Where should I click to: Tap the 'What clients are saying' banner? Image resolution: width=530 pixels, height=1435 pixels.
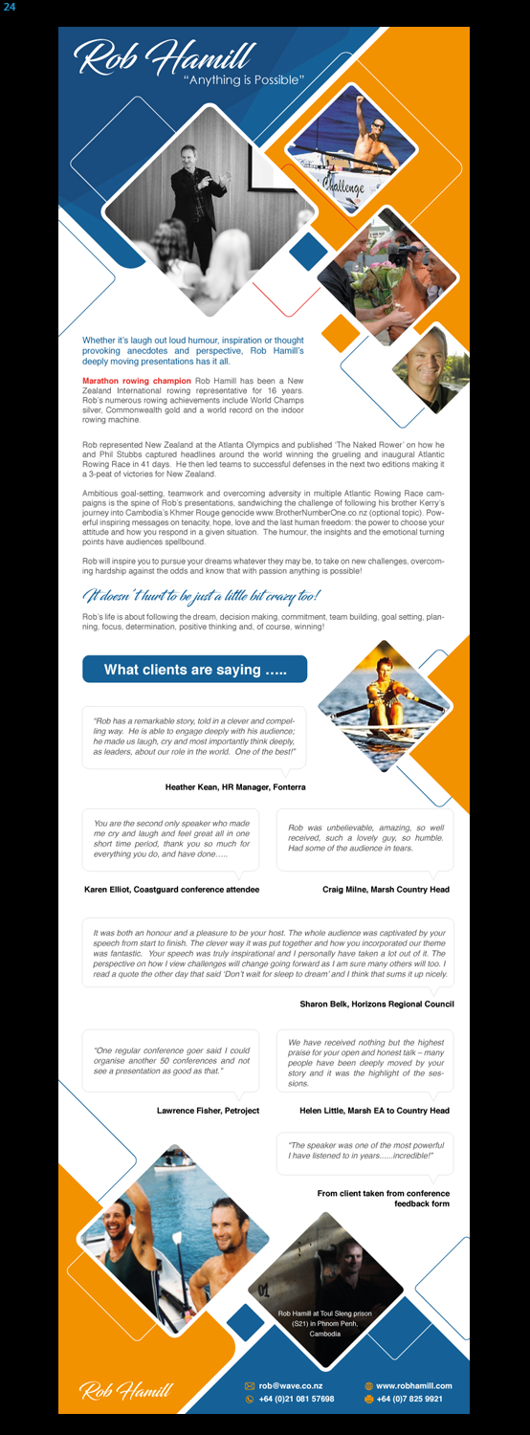[x=195, y=670]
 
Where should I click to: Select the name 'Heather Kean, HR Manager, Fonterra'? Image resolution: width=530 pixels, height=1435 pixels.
[x=235, y=787]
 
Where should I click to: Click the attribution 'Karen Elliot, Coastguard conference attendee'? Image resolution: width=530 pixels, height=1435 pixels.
[x=171, y=890]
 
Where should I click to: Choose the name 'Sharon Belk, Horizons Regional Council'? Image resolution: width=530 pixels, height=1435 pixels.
[x=376, y=1004]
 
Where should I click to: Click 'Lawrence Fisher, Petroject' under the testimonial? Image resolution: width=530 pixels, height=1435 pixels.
[x=208, y=1111]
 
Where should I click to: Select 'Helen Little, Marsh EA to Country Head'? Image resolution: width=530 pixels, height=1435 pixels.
[x=374, y=1111]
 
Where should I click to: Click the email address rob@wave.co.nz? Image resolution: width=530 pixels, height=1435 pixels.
[x=290, y=1385]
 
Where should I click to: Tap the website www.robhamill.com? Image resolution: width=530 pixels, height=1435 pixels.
[x=413, y=1385]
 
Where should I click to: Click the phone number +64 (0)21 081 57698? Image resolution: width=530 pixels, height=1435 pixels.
[x=296, y=1399]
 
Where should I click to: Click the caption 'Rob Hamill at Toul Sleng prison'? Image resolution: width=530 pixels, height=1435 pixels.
[x=324, y=1314]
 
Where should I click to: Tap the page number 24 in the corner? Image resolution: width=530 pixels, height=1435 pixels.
[x=9, y=8]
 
